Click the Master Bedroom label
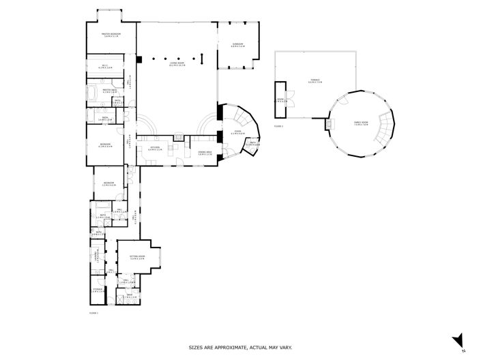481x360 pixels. click(111, 34)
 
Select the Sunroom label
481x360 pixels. click(238, 46)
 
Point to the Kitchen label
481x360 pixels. click(156, 148)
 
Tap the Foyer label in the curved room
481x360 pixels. click(237, 132)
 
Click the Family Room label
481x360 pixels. click(361, 123)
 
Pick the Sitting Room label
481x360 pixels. click(138, 258)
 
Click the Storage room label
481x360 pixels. click(98, 290)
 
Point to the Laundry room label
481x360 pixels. click(98, 256)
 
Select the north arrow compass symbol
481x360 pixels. click(460, 339)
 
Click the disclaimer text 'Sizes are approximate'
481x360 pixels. click(240, 347)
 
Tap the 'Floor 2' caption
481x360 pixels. click(278, 126)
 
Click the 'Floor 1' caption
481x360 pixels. click(93, 312)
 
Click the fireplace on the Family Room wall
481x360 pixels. click(332, 124)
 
